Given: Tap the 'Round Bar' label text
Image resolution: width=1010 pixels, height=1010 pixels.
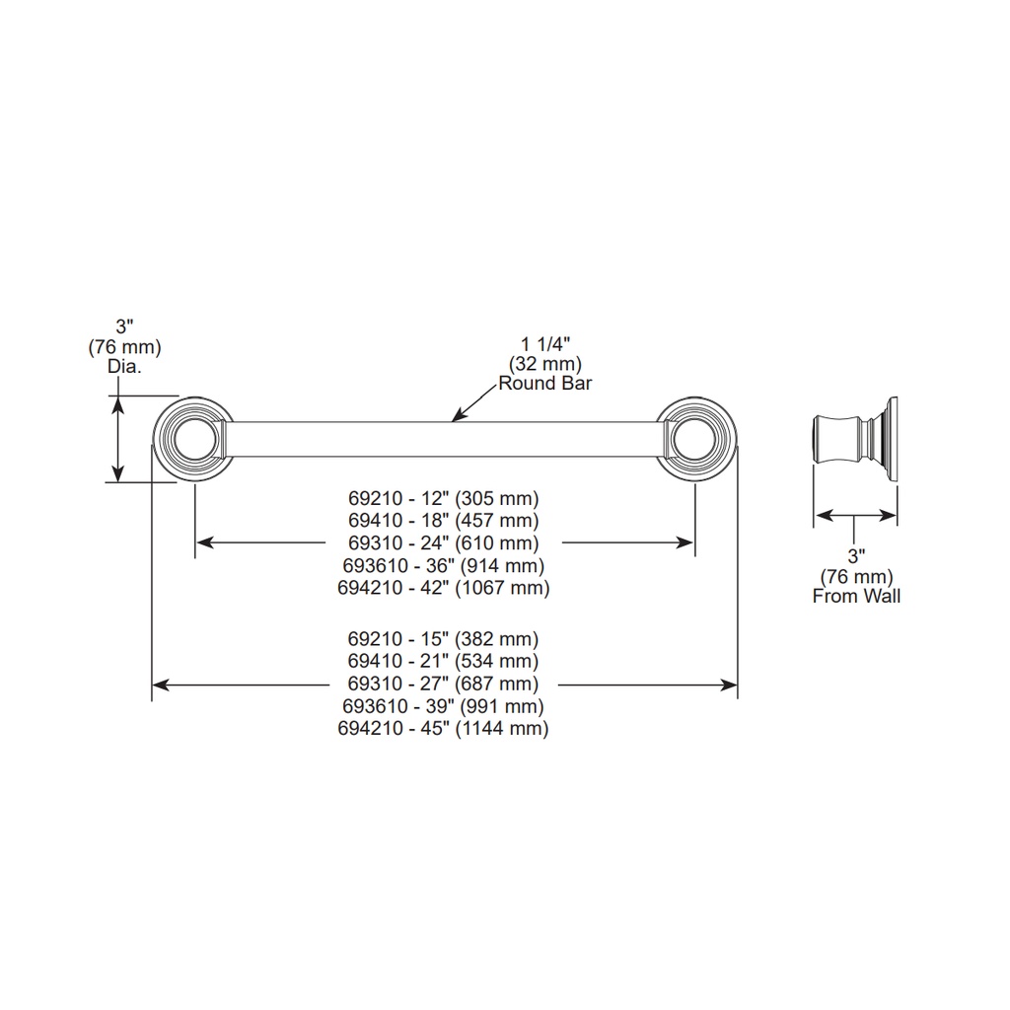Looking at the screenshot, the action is (544, 384).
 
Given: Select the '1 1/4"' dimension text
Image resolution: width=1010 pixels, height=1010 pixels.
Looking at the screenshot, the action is (545, 344).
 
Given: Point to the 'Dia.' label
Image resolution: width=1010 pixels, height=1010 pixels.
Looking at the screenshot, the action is (124, 367).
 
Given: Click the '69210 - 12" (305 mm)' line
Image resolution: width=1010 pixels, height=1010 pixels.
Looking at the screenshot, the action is (443, 498).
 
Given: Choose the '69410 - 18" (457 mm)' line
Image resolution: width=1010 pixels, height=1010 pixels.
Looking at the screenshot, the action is (443, 521).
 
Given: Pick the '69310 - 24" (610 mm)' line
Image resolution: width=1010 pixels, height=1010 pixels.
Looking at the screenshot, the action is (443, 543).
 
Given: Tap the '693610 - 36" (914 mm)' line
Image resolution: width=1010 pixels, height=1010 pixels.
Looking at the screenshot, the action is (443, 565).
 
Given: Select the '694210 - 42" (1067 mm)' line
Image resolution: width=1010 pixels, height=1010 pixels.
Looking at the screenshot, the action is (443, 588).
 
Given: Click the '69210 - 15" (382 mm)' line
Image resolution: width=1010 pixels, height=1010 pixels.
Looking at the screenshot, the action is (443, 639).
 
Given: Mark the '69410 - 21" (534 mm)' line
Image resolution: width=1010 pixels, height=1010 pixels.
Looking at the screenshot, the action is (443, 661).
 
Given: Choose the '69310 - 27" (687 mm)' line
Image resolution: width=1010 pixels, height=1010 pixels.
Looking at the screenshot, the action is (443, 684).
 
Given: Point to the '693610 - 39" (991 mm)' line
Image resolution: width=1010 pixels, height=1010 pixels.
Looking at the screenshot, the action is (443, 706).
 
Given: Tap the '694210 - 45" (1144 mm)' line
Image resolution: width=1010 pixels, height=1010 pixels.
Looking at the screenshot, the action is (443, 729).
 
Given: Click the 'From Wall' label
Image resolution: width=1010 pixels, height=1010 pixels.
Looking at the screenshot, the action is (856, 596).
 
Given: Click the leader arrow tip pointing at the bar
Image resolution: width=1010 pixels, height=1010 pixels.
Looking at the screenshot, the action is (452, 421).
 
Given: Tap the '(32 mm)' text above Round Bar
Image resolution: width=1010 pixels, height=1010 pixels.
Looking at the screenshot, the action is (544, 364).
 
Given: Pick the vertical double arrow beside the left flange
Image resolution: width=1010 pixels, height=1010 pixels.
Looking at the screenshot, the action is (118, 439).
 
